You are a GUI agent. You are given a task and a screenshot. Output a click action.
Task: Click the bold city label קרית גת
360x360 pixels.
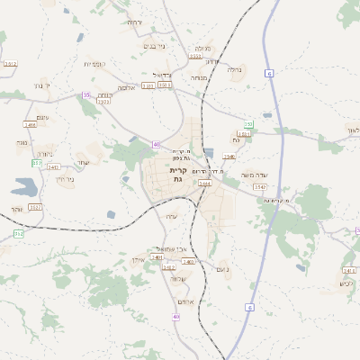[177, 175]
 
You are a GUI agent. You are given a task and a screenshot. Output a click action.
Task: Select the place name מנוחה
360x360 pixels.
[199, 77]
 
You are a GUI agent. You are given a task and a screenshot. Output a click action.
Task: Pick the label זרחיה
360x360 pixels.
[134, 22]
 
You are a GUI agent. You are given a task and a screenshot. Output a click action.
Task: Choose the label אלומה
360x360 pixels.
[127, 88]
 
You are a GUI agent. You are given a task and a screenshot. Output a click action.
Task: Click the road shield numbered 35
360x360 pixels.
[86, 94]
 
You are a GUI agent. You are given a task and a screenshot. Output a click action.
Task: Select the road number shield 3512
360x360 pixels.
[11, 64]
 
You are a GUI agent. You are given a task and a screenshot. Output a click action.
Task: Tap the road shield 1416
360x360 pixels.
[30, 125]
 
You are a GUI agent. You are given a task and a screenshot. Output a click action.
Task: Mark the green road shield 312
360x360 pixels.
[18, 233]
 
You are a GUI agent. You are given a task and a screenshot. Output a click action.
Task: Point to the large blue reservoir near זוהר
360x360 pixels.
[25, 187]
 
